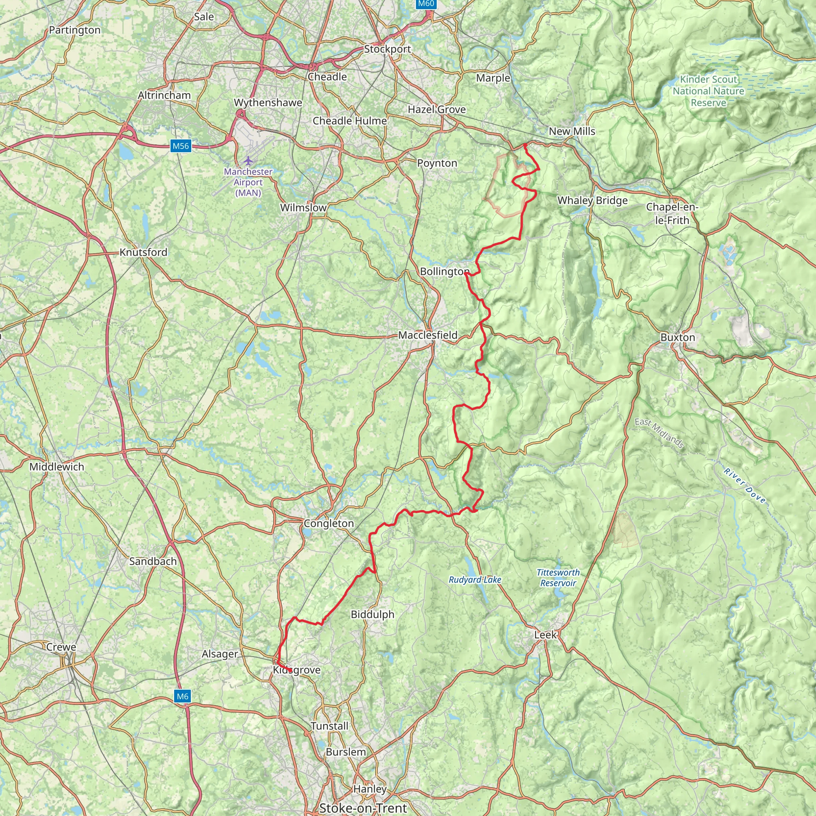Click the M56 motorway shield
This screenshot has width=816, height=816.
[x=181, y=146]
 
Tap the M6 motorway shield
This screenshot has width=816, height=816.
[x=182, y=696]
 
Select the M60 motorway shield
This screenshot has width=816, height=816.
[x=426, y=4]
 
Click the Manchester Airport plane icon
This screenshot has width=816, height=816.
[x=248, y=161]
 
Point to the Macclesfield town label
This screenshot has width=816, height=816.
[x=428, y=335]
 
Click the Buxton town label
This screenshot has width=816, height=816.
[x=678, y=337]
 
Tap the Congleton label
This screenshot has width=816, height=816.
[x=329, y=523]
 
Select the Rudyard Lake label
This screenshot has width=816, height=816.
[x=475, y=579]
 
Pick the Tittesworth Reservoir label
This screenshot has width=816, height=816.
[x=558, y=578]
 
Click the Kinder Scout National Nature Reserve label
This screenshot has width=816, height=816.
[x=708, y=91]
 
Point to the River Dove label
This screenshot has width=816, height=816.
[x=744, y=485]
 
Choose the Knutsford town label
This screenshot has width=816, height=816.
[x=143, y=252]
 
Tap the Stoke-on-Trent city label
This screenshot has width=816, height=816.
[x=363, y=808]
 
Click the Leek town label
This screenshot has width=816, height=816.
[x=546, y=634]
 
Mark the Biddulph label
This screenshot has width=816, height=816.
[x=373, y=614]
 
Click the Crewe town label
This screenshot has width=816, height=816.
[x=61, y=647]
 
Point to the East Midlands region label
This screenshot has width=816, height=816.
[x=659, y=433]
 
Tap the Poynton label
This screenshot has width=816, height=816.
[x=437, y=163]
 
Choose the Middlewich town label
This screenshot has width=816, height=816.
[x=57, y=467]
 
